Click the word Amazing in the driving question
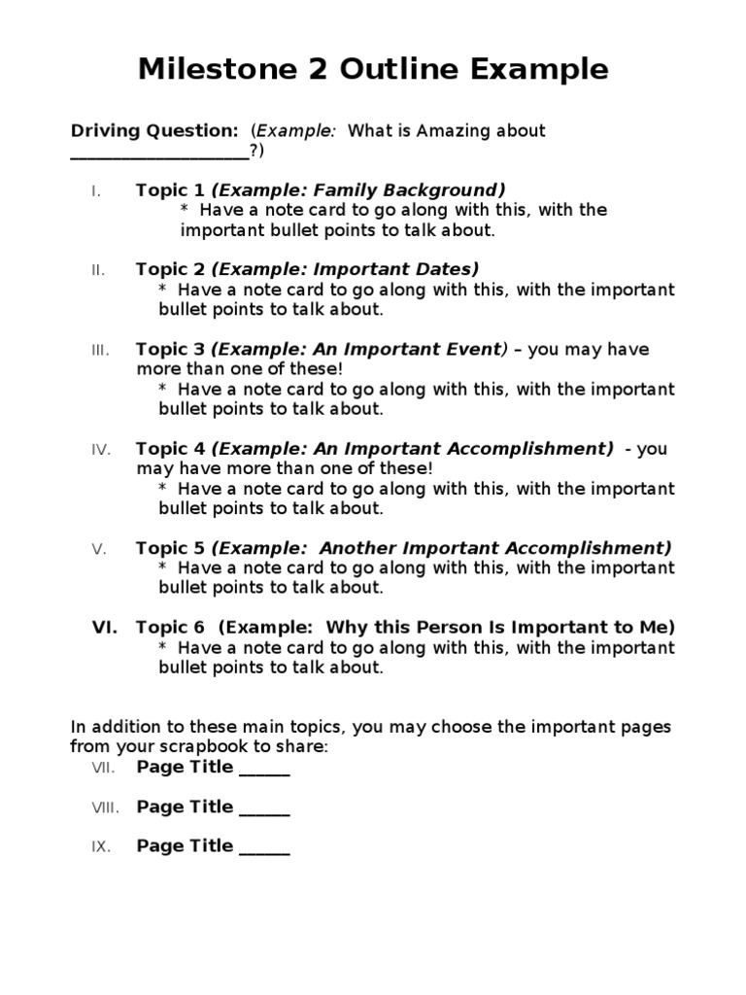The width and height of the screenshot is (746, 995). coord(452,130)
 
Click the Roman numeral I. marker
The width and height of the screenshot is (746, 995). coord(96,190)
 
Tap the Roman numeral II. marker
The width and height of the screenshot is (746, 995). coord(98,270)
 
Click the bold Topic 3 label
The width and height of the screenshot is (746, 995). coord(170,349)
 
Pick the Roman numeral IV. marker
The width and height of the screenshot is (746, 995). coord(101,449)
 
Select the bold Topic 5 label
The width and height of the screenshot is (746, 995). coord(170,548)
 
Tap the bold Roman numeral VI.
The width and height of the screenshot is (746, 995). coord(105,628)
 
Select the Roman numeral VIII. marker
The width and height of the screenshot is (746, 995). coord(105,807)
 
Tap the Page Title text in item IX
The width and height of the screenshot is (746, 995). coord(185,846)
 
